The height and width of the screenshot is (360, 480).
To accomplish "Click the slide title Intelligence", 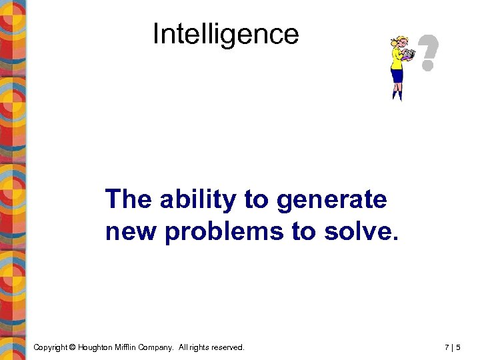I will [225, 34].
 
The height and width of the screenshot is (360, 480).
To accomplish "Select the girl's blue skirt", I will [398, 75].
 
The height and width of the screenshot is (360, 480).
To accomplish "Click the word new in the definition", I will [131, 231].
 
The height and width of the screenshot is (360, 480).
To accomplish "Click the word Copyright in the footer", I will [51, 347].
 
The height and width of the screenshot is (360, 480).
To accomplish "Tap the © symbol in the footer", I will [73, 347].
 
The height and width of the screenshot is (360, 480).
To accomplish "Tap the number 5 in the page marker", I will [459, 347].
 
